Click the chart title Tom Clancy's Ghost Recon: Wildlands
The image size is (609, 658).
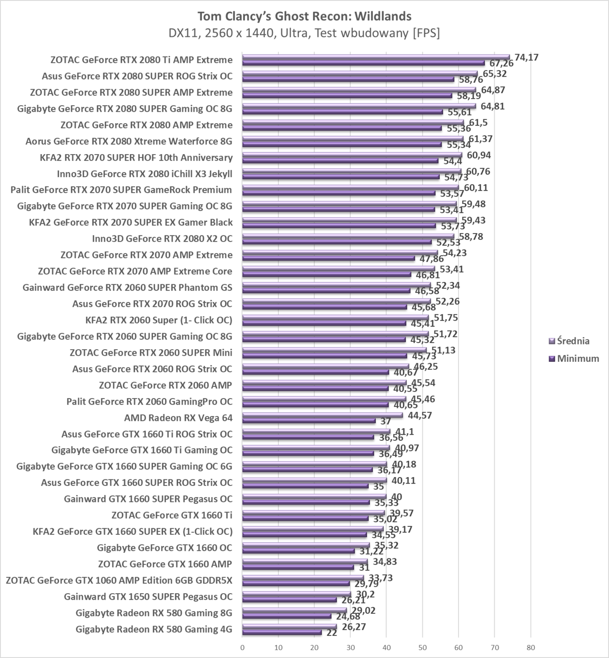tap(304, 16)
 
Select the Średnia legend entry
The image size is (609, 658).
tap(573, 341)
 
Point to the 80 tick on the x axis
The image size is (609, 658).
tap(530, 647)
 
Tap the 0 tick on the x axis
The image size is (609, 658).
tap(242, 647)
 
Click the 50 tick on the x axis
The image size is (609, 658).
tap(422, 647)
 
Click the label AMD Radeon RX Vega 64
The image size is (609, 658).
tap(178, 417)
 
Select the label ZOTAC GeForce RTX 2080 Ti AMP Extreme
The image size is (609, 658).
tap(141, 60)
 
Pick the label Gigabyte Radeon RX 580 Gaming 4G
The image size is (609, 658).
tap(154, 629)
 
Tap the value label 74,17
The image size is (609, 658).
tap(526, 57)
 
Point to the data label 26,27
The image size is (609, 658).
tap(354, 627)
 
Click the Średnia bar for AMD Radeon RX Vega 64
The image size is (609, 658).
tap(322, 415)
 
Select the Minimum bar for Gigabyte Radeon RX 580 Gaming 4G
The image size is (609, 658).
tap(282, 632)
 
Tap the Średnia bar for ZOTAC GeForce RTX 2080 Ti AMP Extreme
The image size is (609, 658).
tap(376, 57)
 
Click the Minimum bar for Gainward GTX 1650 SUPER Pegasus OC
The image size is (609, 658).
tap(289, 600)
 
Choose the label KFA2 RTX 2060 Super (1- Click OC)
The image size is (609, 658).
tap(159, 320)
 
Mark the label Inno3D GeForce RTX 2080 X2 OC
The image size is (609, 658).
tap(162, 239)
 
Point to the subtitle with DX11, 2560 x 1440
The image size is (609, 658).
tap(304, 33)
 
